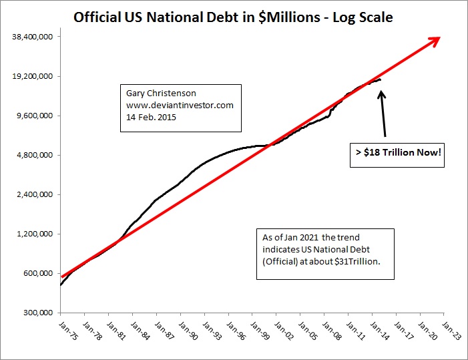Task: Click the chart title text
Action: click(233, 15)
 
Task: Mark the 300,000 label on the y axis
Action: click(37, 313)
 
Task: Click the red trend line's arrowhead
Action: click(435, 39)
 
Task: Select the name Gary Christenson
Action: click(158, 94)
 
